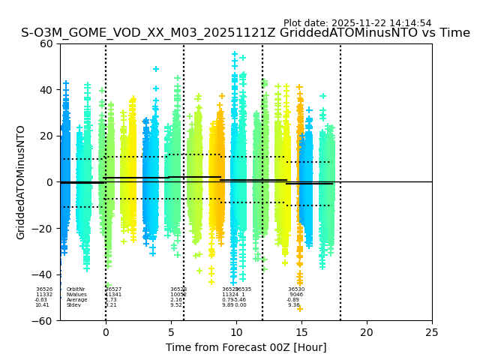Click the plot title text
245,33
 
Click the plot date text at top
357,23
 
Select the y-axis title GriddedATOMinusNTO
22,182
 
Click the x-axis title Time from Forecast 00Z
246,347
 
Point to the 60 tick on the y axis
46,43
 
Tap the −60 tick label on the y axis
43,320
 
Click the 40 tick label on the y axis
46,90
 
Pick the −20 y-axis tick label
43,229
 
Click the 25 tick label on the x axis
432,332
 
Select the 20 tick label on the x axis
367,332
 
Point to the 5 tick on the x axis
171,332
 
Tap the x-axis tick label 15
301,332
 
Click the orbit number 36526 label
44,289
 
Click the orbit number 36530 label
296,289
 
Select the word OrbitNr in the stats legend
76,289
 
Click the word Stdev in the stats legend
73,305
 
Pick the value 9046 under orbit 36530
296,295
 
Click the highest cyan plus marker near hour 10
235,55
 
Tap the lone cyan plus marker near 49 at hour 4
156,69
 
